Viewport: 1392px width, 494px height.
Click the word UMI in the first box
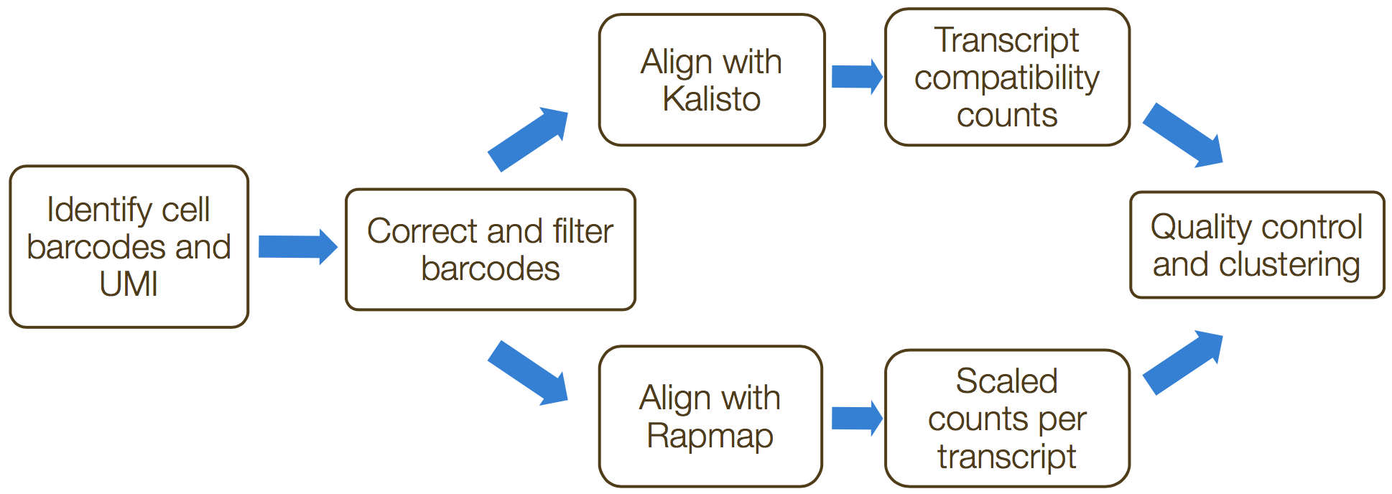coord(129,284)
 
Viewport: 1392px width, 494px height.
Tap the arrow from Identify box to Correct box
coord(298,247)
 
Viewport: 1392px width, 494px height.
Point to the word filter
coord(583,231)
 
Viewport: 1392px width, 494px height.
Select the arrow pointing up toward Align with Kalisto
coord(529,139)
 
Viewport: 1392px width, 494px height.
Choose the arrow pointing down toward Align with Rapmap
coord(529,373)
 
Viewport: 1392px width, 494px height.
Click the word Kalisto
coord(711,99)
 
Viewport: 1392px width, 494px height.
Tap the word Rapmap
coord(710,437)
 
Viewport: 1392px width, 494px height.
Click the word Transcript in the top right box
coord(1007,40)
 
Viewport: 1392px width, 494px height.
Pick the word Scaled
coord(1007,381)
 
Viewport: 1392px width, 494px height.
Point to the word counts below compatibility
coord(1007,116)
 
